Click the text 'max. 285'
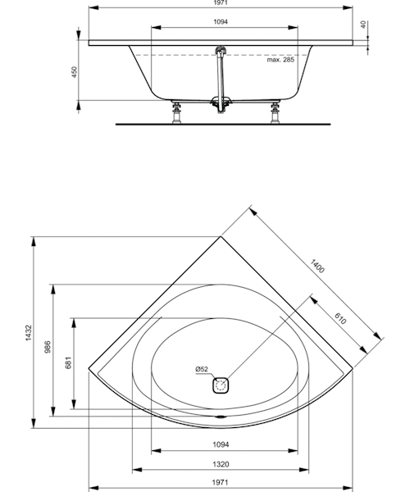(280, 59)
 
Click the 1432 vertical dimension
(28, 331)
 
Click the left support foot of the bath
(178, 112)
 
